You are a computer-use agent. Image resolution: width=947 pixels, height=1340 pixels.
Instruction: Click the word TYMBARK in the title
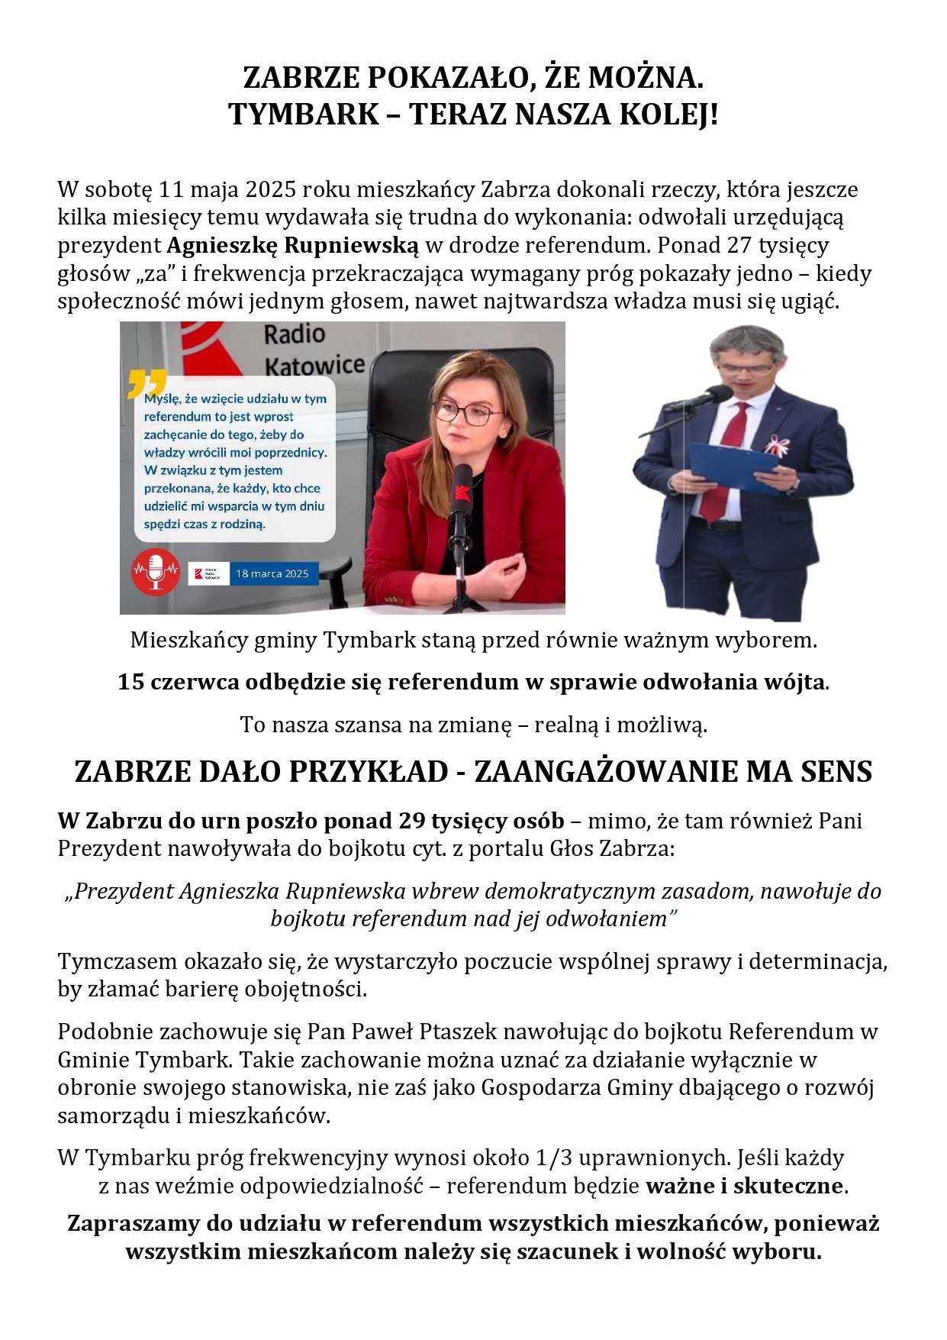point(303,115)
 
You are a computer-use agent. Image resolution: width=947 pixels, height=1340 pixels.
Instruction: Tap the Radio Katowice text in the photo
point(313,350)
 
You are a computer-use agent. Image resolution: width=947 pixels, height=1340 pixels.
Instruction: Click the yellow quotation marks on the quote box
point(147,383)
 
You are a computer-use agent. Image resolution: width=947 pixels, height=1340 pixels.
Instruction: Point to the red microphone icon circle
point(156,570)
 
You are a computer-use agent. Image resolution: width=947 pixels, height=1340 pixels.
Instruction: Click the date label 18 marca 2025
point(272,573)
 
